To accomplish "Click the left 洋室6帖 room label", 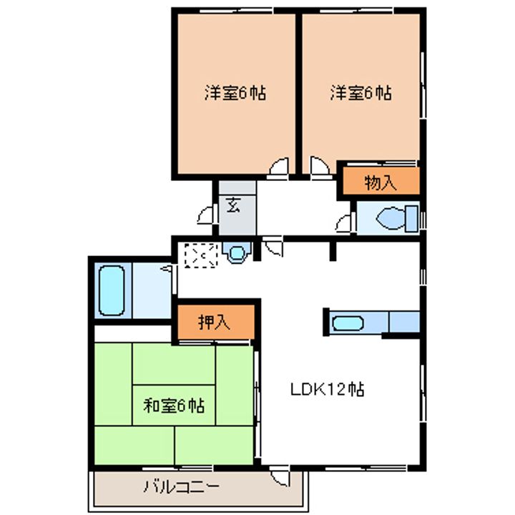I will tap(235, 94).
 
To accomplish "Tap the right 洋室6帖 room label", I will tap(360, 94).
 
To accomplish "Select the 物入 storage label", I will tap(380, 182).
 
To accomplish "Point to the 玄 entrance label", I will tap(233, 205).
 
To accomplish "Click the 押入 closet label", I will tap(214, 323).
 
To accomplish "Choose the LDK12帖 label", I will tap(328, 390).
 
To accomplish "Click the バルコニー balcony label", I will tap(182, 489).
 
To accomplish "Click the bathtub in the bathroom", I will tap(112, 291).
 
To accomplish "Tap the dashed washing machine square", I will tap(199, 255).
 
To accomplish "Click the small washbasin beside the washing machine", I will tap(235, 252).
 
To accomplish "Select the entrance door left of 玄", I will tap(207, 215).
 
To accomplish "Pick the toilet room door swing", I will tap(344, 222).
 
